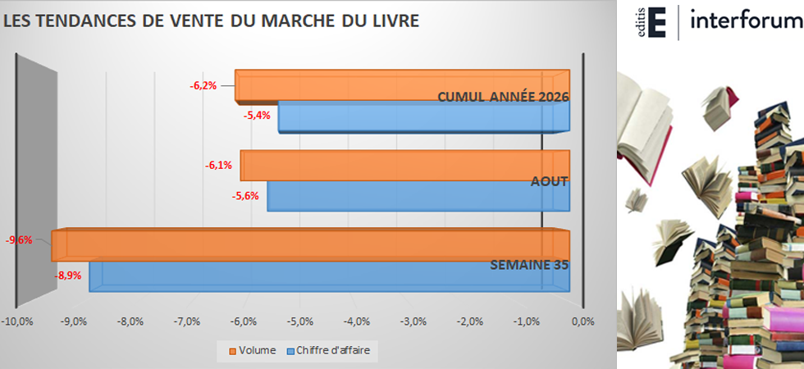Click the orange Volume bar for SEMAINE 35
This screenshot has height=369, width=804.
(x=310, y=245)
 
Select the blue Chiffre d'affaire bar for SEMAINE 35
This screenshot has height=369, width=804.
(x=329, y=277)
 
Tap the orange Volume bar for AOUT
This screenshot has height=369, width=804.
(x=405, y=166)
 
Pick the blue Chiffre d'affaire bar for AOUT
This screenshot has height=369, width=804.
(x=418, y=196)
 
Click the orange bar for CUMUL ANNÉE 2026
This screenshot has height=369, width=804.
(x=403, y=85)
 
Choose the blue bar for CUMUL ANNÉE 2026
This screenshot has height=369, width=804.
(x=424, y=116)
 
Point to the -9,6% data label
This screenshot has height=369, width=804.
(x=19, y=239)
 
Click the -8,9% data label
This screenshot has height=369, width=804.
(x=68, y=276)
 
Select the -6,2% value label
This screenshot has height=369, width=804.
(x=203, y=85)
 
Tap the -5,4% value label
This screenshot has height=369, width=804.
(x=256, y=116)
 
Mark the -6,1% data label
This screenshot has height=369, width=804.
(x=218, y=166)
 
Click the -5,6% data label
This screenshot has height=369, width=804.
(x=245, y=196)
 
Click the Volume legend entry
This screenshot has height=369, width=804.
(x=253, y=351)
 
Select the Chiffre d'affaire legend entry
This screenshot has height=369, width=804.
(x=328, y=351)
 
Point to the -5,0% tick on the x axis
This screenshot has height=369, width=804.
(x=299, y=321)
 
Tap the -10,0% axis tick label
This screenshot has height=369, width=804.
(x=17, y=321)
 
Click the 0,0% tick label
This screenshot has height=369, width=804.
(x=582, y=321)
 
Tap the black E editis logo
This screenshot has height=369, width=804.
(x=657, y=22)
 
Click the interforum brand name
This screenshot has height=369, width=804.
(x=747, y=21)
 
